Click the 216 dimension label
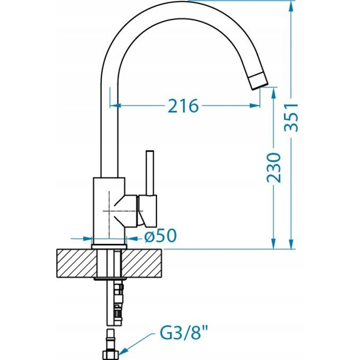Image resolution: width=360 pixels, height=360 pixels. point(183,106)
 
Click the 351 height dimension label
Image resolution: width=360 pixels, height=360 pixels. point(291,117)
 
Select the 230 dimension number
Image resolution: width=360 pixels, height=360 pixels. point(274,168)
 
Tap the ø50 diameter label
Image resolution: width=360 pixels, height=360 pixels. point(160,236)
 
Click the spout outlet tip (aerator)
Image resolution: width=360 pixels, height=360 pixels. point(259,81)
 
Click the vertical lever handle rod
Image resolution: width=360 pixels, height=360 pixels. point(150,173)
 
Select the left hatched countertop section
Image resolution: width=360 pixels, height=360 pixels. point(77,263)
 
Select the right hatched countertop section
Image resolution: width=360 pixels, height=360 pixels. point(142,263)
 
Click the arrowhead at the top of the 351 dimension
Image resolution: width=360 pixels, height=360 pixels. point(291,7)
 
